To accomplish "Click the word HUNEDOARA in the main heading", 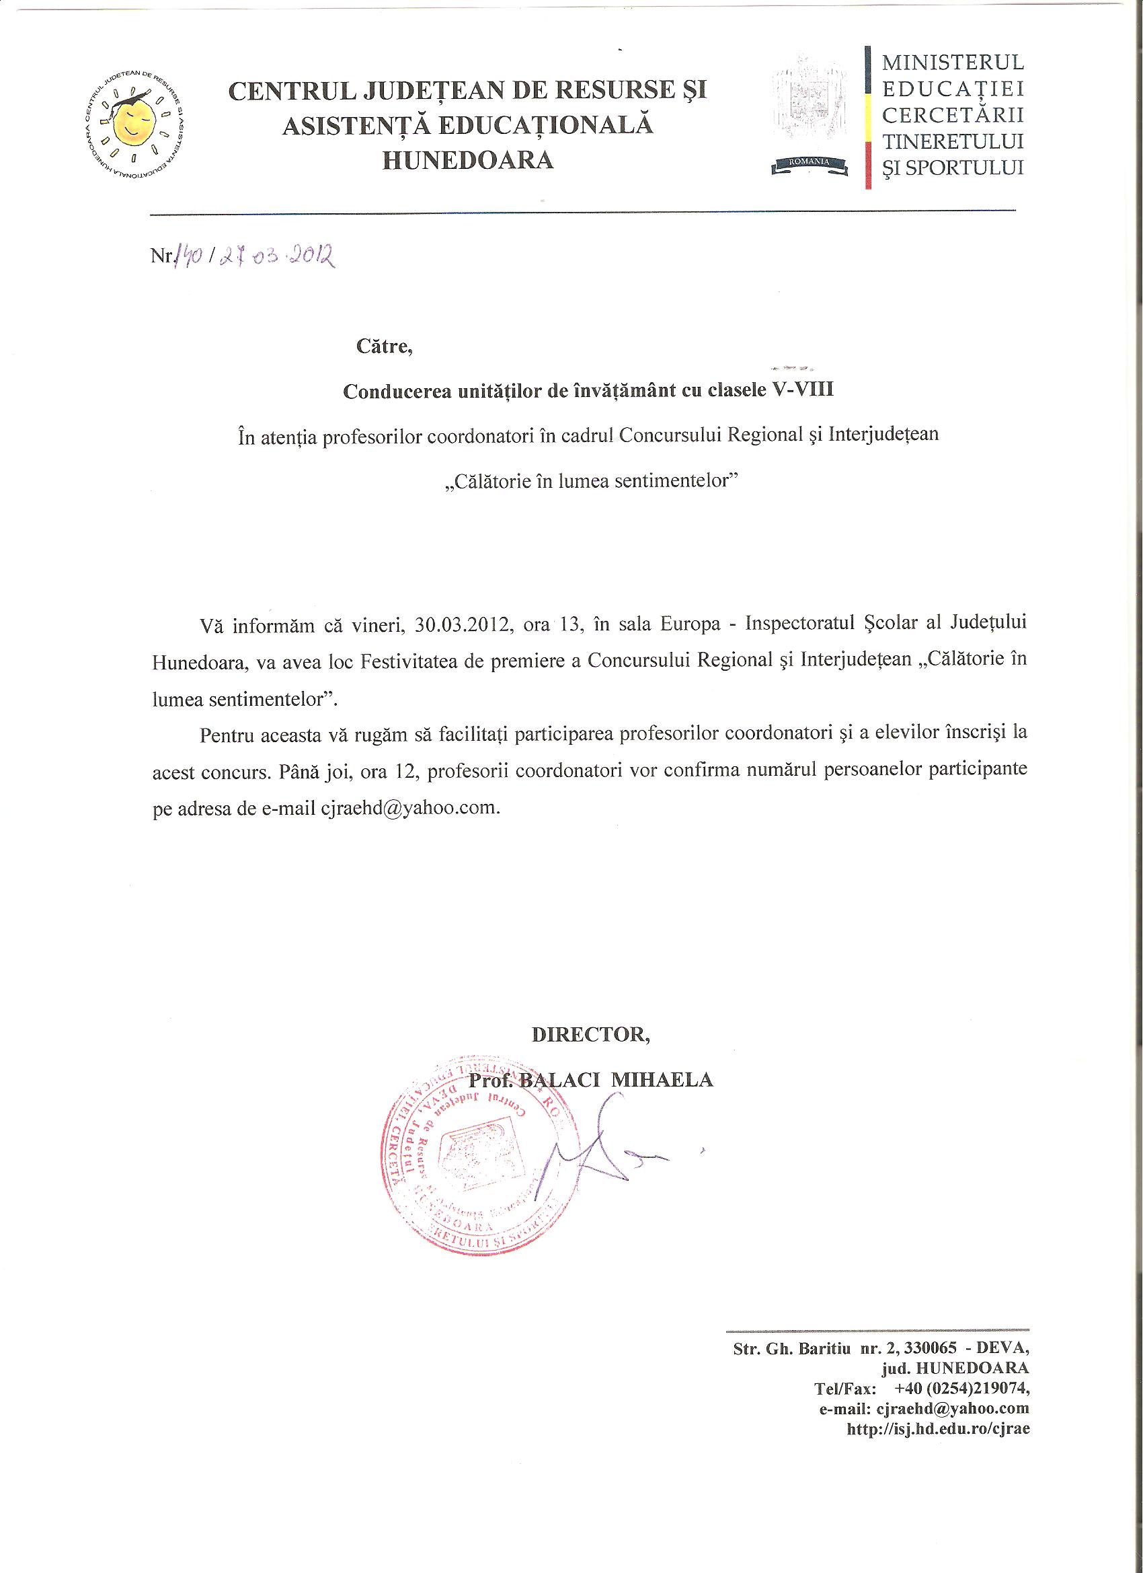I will click(468, 161).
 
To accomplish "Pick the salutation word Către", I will click(384, 346).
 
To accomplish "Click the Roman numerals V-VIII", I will click(803, 390).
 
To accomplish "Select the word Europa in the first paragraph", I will click(690, 625).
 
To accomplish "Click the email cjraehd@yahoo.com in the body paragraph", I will click(408, 809).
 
